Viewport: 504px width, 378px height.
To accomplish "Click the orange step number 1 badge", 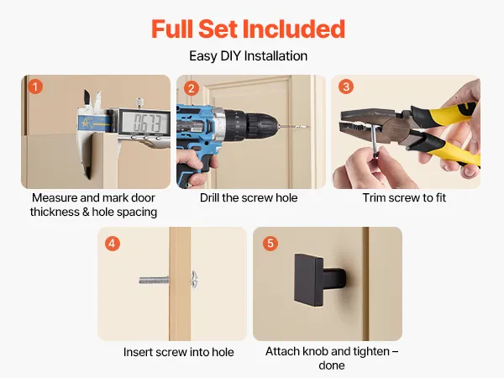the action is tap(35, 87).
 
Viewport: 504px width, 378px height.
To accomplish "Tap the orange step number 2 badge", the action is tap(192, 88).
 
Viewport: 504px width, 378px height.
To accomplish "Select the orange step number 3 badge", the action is tap(346, 87).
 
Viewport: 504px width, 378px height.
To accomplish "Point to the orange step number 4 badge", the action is tap(113, 244).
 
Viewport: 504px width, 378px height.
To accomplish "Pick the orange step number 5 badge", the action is tap(270, 244).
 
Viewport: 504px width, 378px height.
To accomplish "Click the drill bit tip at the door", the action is tap(307, 127).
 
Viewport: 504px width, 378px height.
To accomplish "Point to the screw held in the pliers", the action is tap(375, 140).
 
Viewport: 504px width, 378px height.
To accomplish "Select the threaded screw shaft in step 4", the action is tap(154, 281).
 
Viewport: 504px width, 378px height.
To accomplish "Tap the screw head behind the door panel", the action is tap(194, 280).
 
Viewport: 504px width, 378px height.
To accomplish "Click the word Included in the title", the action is tap(293, 29).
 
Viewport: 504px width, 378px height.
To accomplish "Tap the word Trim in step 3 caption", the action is tap(375, 197).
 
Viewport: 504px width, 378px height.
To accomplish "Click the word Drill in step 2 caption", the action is tap(209, 197).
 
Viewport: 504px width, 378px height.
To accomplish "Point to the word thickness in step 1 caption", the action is tap(55, 213).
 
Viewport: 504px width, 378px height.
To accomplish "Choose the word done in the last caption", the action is tap(332, 365).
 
